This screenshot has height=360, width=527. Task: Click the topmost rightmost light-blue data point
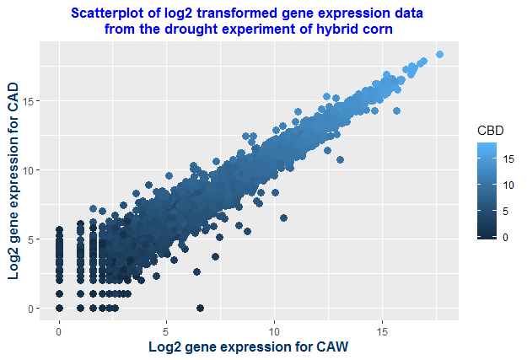click(439, 55)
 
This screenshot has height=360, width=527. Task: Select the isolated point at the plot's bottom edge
click(200, 308)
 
